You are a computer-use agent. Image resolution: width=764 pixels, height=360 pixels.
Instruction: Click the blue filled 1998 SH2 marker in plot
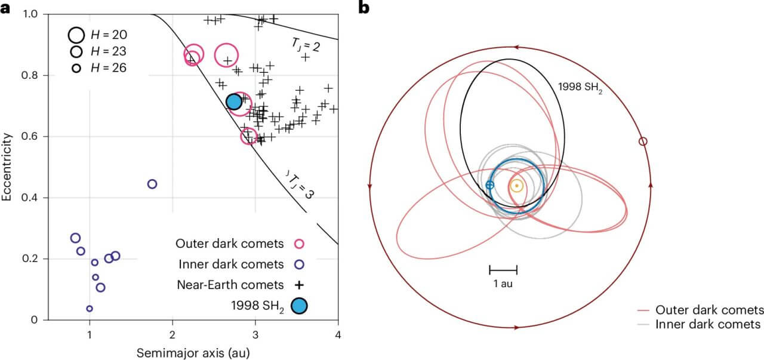[x=234, y=101]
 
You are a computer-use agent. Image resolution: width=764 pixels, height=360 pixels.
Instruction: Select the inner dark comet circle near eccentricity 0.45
[x=152, y=184]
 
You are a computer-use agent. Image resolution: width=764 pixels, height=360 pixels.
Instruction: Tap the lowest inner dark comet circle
[x=90, y=309]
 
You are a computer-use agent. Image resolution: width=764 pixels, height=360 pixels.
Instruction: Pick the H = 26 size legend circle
[x=76, y=68]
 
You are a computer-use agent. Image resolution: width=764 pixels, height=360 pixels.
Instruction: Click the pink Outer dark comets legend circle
[x=299, y=244]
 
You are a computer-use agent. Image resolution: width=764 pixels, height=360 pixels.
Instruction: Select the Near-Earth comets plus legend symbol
[x=299, y=285]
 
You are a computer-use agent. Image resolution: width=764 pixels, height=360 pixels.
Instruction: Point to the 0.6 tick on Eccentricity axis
[x=29, y=137]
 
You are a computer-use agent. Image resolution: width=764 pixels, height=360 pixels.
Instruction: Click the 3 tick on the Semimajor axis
[x=255, y=335]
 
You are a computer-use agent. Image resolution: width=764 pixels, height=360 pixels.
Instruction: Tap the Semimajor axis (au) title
[x=193, y=353]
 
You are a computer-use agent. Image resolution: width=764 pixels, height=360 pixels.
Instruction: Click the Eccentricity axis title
[x=7, y=167]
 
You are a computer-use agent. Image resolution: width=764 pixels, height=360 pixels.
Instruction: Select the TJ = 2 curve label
[x=306, y=45]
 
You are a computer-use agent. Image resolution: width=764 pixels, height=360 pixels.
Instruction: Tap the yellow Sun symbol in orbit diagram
[x=517, y=186]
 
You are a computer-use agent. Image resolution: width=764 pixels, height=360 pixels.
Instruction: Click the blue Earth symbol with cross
[x=490, y=185]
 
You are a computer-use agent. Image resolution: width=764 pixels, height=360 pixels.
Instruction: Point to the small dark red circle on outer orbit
[x=643, y=141]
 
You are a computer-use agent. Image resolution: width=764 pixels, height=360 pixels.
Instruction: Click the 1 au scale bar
[x=503, y=270]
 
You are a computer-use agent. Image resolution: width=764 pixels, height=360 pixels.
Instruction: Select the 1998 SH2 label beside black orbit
[x=580, y=87]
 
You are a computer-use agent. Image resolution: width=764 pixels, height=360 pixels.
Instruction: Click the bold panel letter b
[x=364, y=8]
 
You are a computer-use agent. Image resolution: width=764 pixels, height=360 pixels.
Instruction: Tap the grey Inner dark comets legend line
[x=643, y=324]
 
